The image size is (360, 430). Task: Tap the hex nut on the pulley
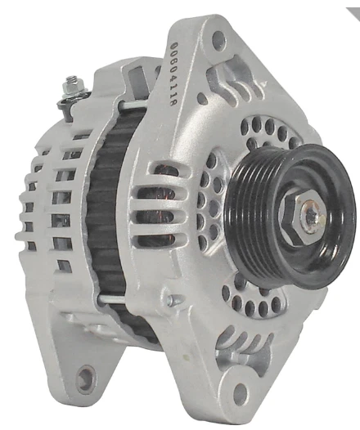coord(304,214)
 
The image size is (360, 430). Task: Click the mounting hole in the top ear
coord(218,39)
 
